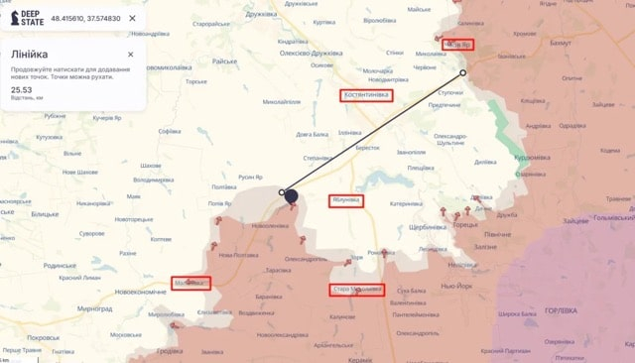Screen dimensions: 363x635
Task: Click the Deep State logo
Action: [27, 18]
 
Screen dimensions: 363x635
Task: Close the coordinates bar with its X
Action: [132, 18]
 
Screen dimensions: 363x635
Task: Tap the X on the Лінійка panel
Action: [131, 55]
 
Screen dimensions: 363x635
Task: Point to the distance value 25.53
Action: [21, 89]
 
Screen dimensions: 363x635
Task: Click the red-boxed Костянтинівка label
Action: [366, 96]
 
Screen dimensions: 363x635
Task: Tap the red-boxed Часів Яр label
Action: [458, 45]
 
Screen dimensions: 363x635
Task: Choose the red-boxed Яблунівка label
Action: [345, 200]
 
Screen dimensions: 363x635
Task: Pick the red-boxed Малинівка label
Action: [190, 283]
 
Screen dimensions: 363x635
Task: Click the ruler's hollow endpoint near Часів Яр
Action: [463, 73]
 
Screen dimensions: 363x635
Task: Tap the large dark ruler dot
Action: [292, 196]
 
